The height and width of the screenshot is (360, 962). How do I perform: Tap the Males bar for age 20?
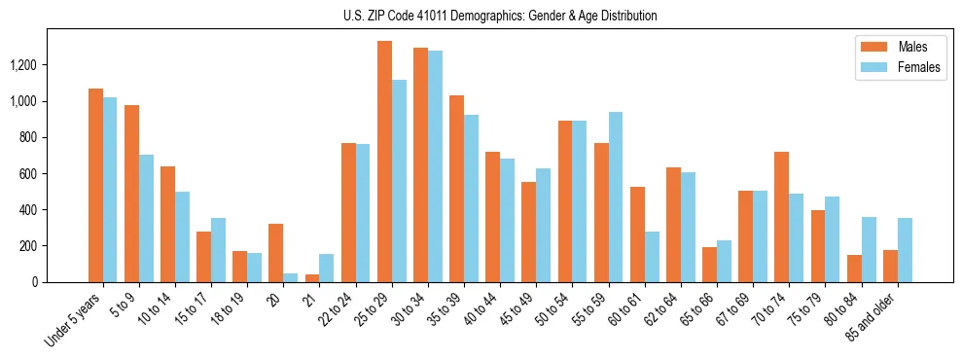pyautogui.click(x=276, y=253)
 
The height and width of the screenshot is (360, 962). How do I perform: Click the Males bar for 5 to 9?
pyautogui.click(x=131, y=194)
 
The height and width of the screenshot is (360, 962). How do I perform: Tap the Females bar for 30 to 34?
pyautogui.click(x=435, y=166)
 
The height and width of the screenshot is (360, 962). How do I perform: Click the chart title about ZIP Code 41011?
pyautogui.click(x=500, y=16)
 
